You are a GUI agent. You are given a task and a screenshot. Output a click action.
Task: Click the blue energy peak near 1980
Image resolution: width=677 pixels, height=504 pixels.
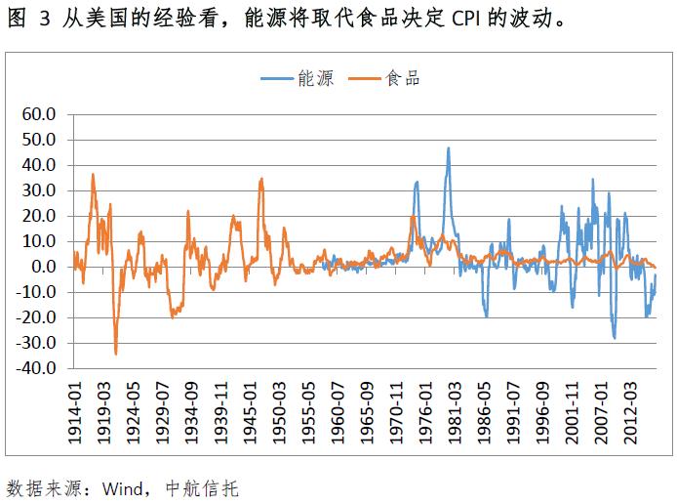coord(448,148)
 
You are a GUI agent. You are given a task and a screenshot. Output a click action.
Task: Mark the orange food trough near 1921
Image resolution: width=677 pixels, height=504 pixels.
coord(116,354)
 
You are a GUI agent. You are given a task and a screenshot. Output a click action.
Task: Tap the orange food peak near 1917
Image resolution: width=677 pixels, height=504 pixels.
coord(93,175)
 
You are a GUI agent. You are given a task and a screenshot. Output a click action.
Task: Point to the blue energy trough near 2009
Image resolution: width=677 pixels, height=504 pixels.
coord(615,338)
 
